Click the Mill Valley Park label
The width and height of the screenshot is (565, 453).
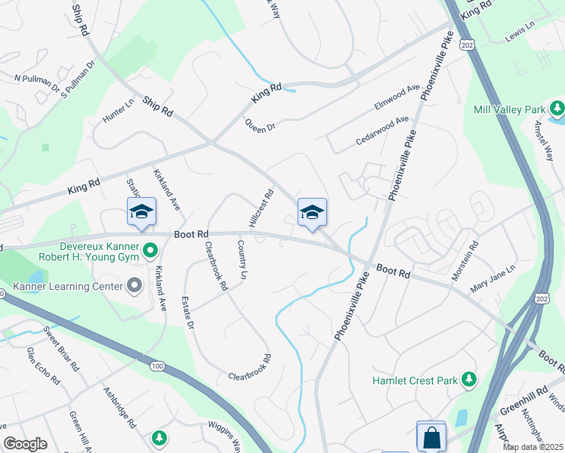coord(510,109)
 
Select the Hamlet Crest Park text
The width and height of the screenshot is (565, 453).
coord(415,380)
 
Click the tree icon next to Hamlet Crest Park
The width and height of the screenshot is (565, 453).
coord(470,378)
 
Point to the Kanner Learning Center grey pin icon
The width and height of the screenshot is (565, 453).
coord(134,285)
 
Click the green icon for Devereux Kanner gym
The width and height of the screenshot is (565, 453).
coord(150,249)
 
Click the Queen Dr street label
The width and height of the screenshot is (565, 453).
coord(260,126)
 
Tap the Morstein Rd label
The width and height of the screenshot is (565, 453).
coord(465,260)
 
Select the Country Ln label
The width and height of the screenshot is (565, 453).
coord(242,260)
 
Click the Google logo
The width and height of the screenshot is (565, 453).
coord(25,443)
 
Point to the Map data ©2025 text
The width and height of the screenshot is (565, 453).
coord(533,447)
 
